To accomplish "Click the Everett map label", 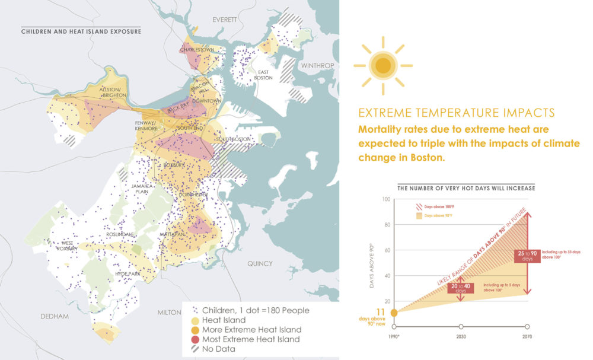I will pyautogui.click(x=225, y=20).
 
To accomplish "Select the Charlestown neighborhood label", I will pyautogui.click(x=196, y=50).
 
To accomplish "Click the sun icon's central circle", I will pyautogui.click(x=383, y=65).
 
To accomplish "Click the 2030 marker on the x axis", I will pyautogui.click(x=461, y=326).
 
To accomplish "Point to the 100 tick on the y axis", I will pyautogui.click(x=387, y=199).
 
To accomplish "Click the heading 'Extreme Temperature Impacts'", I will pyautogui.click(x=457, y=113).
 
